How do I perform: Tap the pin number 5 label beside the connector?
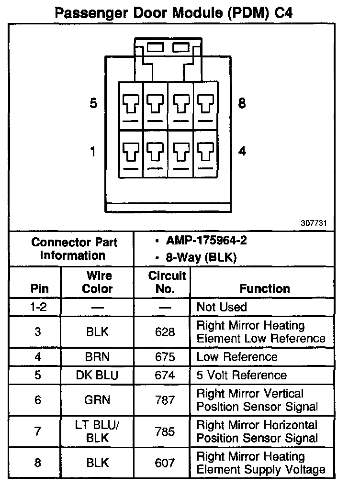coord(93,103)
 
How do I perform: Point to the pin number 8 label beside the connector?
coord(242,103)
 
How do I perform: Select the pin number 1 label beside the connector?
coord(93,152)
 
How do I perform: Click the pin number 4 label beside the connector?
coord(242,152)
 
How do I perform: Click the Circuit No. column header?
coord(167,282)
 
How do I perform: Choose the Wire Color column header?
coord(98,282)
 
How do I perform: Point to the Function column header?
coord(265,288)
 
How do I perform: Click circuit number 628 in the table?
coord(165,332)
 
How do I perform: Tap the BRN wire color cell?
coord(98,357)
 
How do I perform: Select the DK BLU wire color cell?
coord(97,376)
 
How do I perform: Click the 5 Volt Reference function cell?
coord(242,376)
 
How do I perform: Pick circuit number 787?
coord(165,400)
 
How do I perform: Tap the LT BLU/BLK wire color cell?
coord(98,431)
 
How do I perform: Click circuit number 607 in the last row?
coord(165,463)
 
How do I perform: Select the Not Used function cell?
coord(222,307)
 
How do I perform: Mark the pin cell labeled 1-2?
coord(38,307)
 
